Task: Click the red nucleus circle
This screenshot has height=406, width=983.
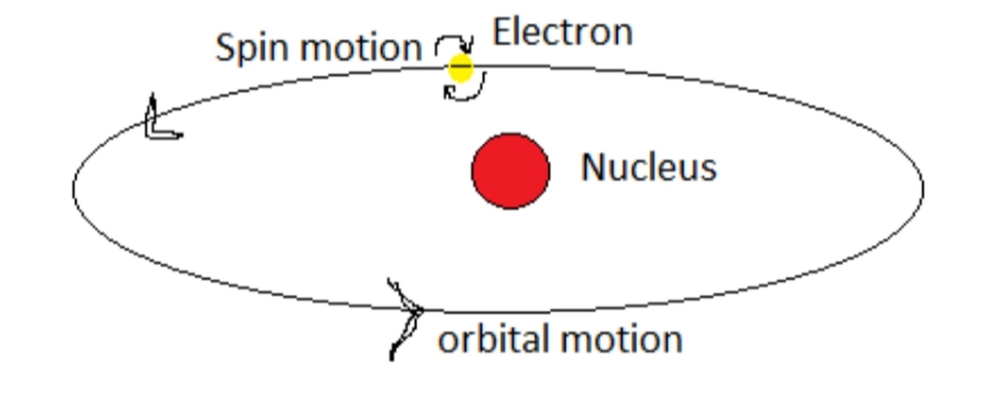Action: click(x=511, y=171)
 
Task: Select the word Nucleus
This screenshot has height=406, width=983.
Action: click(x=649, y=167)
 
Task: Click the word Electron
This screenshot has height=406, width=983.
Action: click(x=562, y=32)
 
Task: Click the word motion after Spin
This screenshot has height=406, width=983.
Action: click(x=362, y=48)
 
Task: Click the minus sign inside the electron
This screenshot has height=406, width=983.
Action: click(x=461, y=66)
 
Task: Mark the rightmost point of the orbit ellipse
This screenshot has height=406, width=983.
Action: click(x=924, y=189)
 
